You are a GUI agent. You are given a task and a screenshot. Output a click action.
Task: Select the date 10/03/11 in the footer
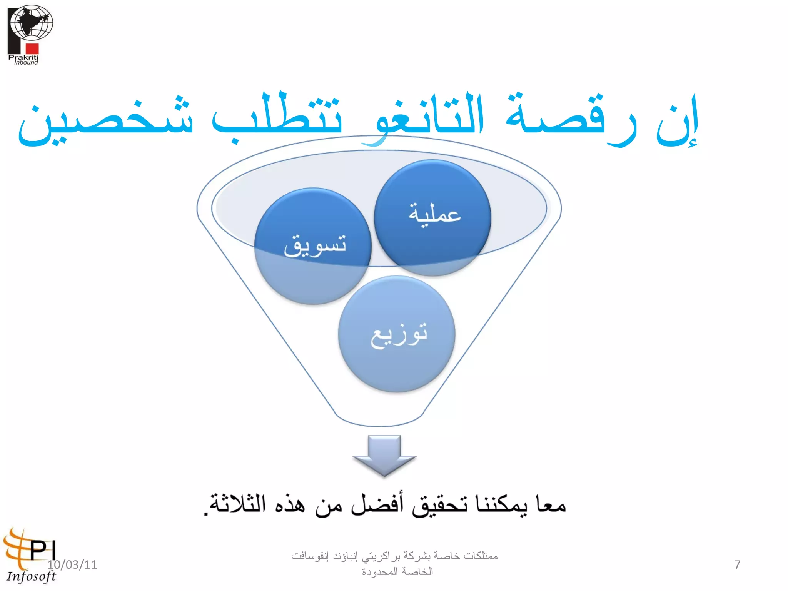click(x=72, y=564)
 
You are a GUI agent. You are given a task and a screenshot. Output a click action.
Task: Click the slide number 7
click(x=737, y=564)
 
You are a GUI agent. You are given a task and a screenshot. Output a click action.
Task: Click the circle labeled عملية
click(x=432, y=217)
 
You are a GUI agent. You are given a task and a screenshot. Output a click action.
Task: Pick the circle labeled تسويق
click(x=312, y=246)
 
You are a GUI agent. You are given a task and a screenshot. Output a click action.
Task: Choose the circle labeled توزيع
click(x=396, y=334)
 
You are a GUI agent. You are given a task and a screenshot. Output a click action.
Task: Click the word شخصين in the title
click(x=106, y=121)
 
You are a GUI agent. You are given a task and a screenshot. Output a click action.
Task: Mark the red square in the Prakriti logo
click(x=32, y=48)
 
